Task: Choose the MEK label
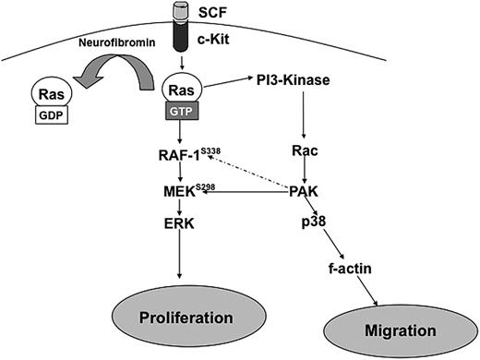point(174,190)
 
